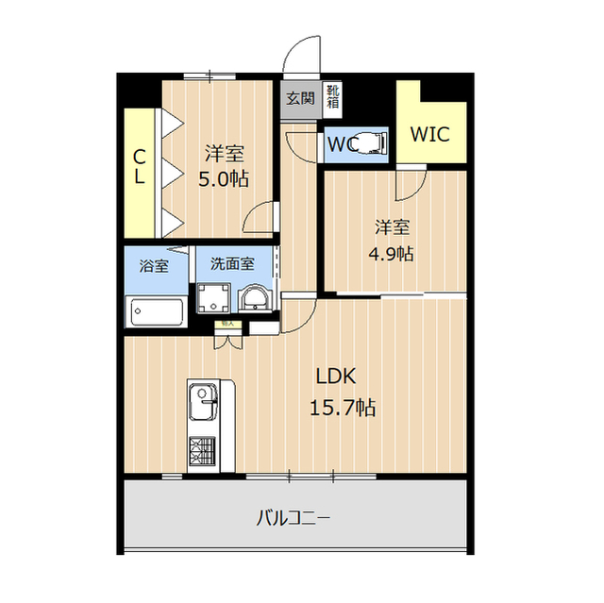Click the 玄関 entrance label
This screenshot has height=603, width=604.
tap(300, 97)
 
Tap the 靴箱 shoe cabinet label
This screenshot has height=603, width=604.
tap(333, 96)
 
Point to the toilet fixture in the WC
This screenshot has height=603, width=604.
tap(375, 142)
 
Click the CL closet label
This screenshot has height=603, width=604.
tap(139, 167)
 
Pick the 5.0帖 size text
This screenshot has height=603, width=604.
tap(224, 178)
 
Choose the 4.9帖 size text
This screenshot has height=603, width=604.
tap(393, 252)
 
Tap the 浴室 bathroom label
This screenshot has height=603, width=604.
tap(155, 265)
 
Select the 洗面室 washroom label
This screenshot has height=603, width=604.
tap(232, 265)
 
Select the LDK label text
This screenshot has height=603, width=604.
tap(334, 377)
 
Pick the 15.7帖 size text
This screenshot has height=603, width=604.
tap(344, 409)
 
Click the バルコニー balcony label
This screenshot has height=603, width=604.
tap(294, 517)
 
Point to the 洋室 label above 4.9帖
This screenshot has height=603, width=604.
tap(393, 226)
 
